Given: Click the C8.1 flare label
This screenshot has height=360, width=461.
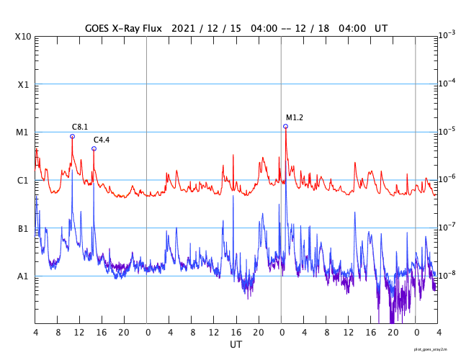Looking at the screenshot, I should (79, 127).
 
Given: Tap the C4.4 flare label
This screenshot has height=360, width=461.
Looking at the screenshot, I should (102, 140).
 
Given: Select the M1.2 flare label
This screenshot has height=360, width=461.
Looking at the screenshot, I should (295, 117).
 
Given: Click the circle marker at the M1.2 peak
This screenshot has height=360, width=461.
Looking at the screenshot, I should (285, 126).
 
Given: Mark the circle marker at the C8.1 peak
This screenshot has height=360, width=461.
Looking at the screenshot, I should (72, 136).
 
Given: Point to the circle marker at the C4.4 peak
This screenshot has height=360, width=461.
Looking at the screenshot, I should (94, 149).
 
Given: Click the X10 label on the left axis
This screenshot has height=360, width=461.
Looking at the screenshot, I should (23, 36).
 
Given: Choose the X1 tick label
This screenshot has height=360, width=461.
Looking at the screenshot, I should (23, 84).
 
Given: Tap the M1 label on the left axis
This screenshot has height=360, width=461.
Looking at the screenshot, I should (23, 132).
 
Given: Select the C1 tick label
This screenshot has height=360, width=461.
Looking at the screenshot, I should (23, 180).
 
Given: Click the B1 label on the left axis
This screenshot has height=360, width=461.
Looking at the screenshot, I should (23, 228).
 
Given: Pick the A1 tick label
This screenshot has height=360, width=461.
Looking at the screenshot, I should (23, 276).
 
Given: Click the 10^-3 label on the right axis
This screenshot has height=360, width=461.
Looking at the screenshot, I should (447, 35).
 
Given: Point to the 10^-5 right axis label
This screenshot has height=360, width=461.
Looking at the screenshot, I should (447, 131).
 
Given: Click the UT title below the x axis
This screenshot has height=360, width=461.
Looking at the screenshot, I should (236, 345).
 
